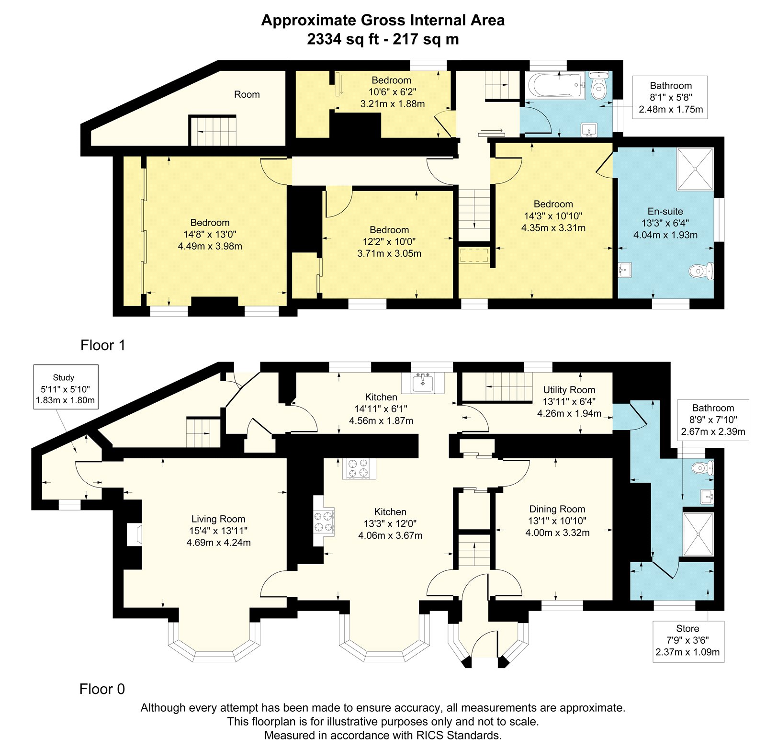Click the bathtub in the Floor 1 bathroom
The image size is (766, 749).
pyautogui.click(x=556, y=86)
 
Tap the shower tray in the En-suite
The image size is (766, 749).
pyautogui.click(x=695, y=169)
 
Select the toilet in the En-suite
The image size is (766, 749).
pyautogui.click(x=701, y=272)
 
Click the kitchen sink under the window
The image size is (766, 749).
pyautogui.click(x=423, y=382)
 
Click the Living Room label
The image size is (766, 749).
pyautogui.click(x=218, y=519)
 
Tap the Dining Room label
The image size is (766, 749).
pyautogui.click(x=557, y=509)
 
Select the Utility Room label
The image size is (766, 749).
pyautogui.click(x=569, y=390)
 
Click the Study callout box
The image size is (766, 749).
pyautogui.click(x=66, y=387)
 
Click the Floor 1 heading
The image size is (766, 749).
pyautogui.click(x=103, y=345)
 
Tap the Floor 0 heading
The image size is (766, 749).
pyautogui.click(x=102, y=689)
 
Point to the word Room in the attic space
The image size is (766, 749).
pyautogui.click(x=247, y=94)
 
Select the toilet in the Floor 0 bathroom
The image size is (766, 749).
pyautogui.click(x=702, y=468)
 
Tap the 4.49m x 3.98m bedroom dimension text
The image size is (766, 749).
pyautogui.click(x=210, y=246)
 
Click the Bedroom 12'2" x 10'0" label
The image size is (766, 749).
pyautogui.click(x=389, y=241)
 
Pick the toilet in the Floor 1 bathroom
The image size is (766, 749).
pyautogui.click(x=599, y=86)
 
